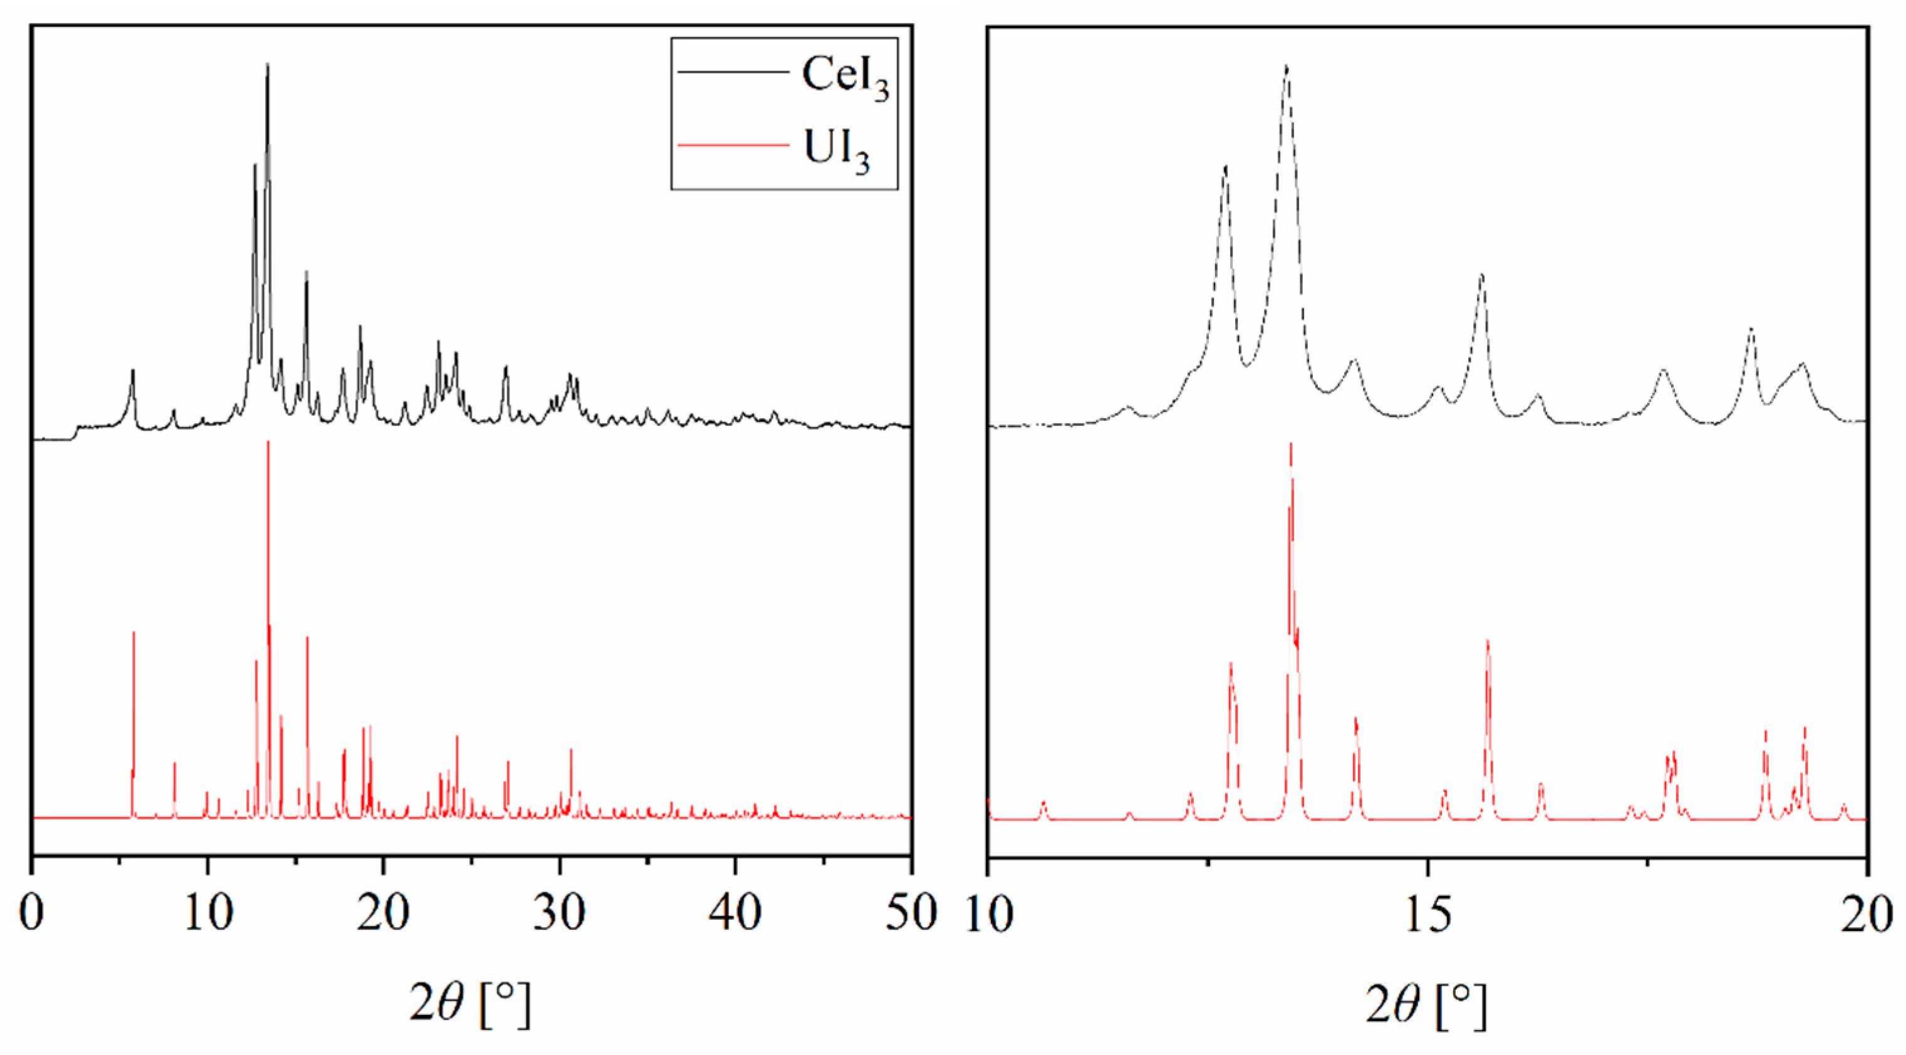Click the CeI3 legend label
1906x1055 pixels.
[845, 77]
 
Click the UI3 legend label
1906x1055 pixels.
[836, 152]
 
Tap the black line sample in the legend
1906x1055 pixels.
[732, 73]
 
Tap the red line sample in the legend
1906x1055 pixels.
[732, 146]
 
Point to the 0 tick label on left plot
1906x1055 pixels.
[32, 913]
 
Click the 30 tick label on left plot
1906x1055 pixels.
[560, 913]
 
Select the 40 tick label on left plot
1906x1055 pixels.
[735, 913]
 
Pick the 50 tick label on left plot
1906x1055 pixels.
[911, 913]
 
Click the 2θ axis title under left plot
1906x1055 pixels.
[470, 1004]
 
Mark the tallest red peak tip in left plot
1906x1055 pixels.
[268, 441]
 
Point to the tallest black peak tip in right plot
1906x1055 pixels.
[1287, 66]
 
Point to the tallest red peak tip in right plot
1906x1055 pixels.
[1290, 444]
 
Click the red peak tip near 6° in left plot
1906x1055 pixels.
[134, 632]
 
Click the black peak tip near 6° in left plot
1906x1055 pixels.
[133, 370]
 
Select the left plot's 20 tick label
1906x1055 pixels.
[383, 913]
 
